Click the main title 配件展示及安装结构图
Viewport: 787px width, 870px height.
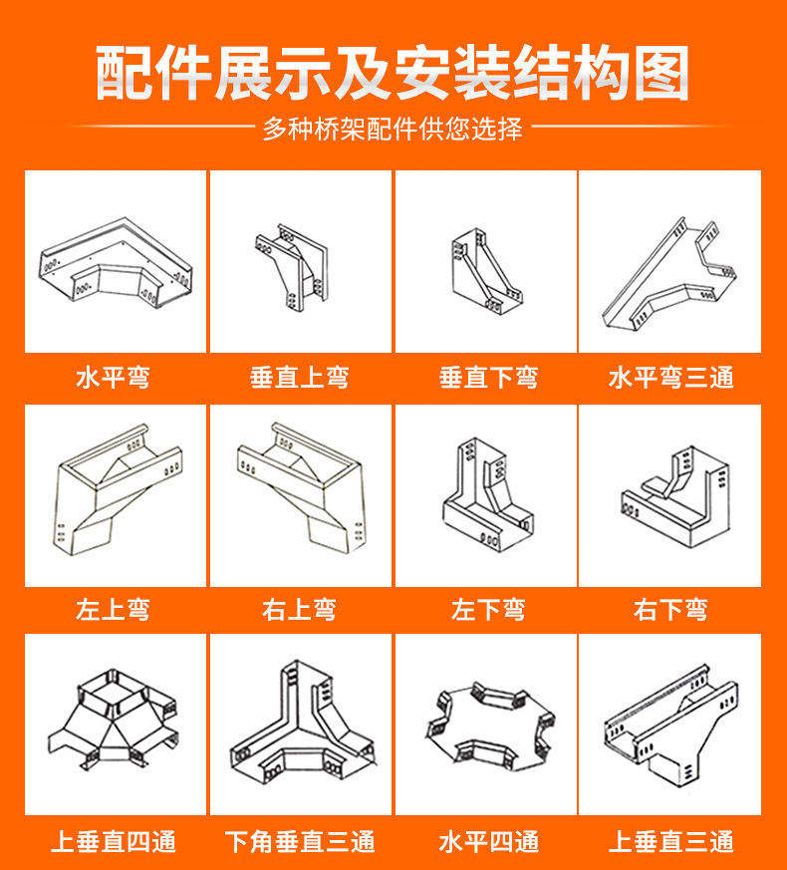393,73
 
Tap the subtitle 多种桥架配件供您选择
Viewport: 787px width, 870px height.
393,129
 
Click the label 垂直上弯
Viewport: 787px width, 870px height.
300,378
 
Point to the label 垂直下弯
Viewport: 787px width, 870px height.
488,378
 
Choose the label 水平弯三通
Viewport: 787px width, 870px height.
670,378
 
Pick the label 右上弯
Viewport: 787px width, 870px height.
300,609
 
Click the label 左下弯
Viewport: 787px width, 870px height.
488,609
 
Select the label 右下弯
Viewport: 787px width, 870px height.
670,609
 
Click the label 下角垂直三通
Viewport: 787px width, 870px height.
300,841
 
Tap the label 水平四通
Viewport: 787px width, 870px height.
488,841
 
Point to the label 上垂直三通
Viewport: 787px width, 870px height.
670,841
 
